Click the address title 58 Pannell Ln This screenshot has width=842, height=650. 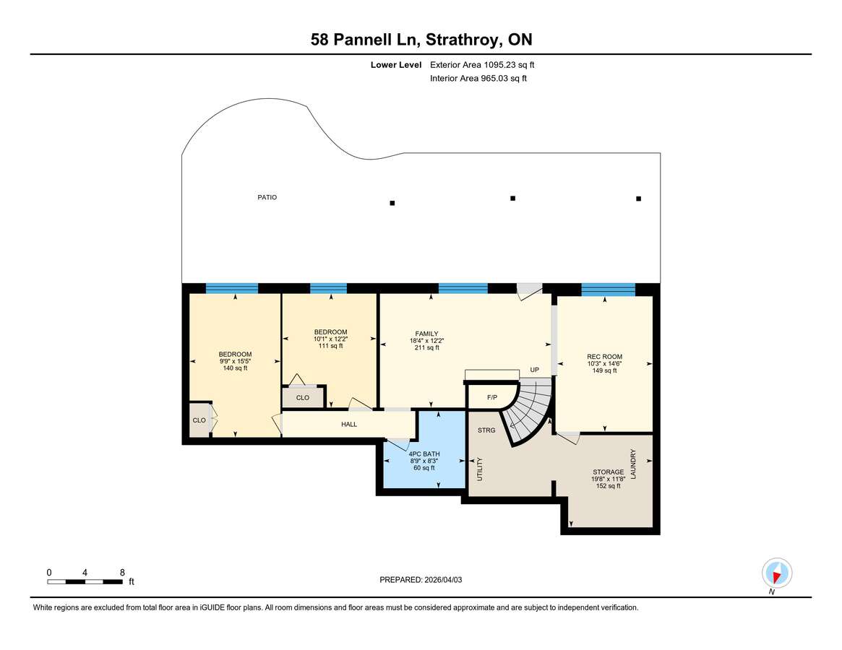point(421,40)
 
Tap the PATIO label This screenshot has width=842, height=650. point(267,197)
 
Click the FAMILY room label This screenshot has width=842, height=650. point(426,334)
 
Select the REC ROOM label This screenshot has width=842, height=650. point(604,357)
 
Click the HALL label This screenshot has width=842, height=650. point(349,425)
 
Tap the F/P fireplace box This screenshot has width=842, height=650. point(492,397)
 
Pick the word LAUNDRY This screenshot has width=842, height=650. point(633,464)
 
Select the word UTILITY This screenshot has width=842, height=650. point(478,469)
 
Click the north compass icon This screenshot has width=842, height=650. point(776,575)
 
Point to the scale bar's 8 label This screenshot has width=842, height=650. point(122,573)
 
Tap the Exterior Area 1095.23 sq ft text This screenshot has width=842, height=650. point(482,64)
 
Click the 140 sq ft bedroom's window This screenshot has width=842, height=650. point(231,288)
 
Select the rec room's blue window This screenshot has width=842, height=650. point(608,290)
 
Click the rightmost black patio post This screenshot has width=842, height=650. point(638,199)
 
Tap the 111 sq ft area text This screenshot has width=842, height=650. point(330,346)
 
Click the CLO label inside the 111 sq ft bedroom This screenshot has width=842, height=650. point(302,398)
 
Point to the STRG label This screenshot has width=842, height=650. point(486,430)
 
